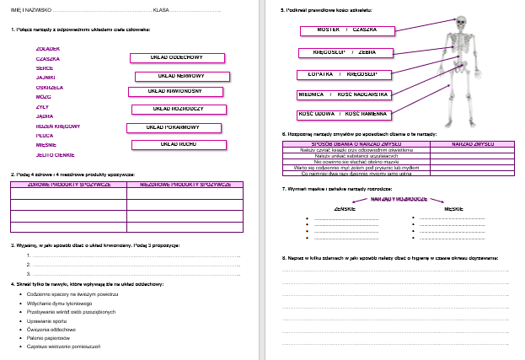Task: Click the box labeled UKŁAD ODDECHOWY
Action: (178, 58)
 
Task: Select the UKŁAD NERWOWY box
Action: (181, 76)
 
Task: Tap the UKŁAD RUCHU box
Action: (178, 144)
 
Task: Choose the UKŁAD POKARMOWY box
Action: (173, 127)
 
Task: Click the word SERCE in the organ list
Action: (46, 67)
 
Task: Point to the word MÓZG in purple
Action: (44, 96)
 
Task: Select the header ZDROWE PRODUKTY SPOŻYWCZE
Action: (68, 183)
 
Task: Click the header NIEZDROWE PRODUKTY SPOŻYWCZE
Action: (185, 183)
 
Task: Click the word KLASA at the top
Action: (162, 9)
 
